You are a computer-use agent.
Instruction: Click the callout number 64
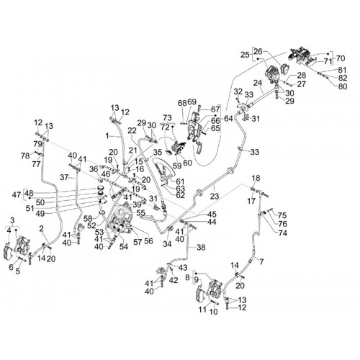[x=228, y=118]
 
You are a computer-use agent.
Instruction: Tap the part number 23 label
[x=215, y=196]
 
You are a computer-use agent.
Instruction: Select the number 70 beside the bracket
[x=341, y=58]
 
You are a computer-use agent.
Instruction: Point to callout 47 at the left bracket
[x=17, y=194]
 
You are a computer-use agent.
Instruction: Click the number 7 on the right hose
[x=261, y=261]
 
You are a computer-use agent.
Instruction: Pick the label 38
[x=201, y=247]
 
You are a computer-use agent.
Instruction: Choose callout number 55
[x=140, y=212]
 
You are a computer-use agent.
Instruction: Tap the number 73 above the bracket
[x=167, y=118]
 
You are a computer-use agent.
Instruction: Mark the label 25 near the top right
[x=246, y=55]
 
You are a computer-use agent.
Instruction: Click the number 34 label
[x=167, y=244]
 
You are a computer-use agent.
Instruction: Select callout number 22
[x=132, y=130]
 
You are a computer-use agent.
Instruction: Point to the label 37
[x=64, y=178]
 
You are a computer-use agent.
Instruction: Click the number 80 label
[x=342, y=86]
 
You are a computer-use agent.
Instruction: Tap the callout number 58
[x=89, y=219]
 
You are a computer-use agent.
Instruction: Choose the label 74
[x=282, y=233]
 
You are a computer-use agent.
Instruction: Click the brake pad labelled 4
[x=8, y=251]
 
